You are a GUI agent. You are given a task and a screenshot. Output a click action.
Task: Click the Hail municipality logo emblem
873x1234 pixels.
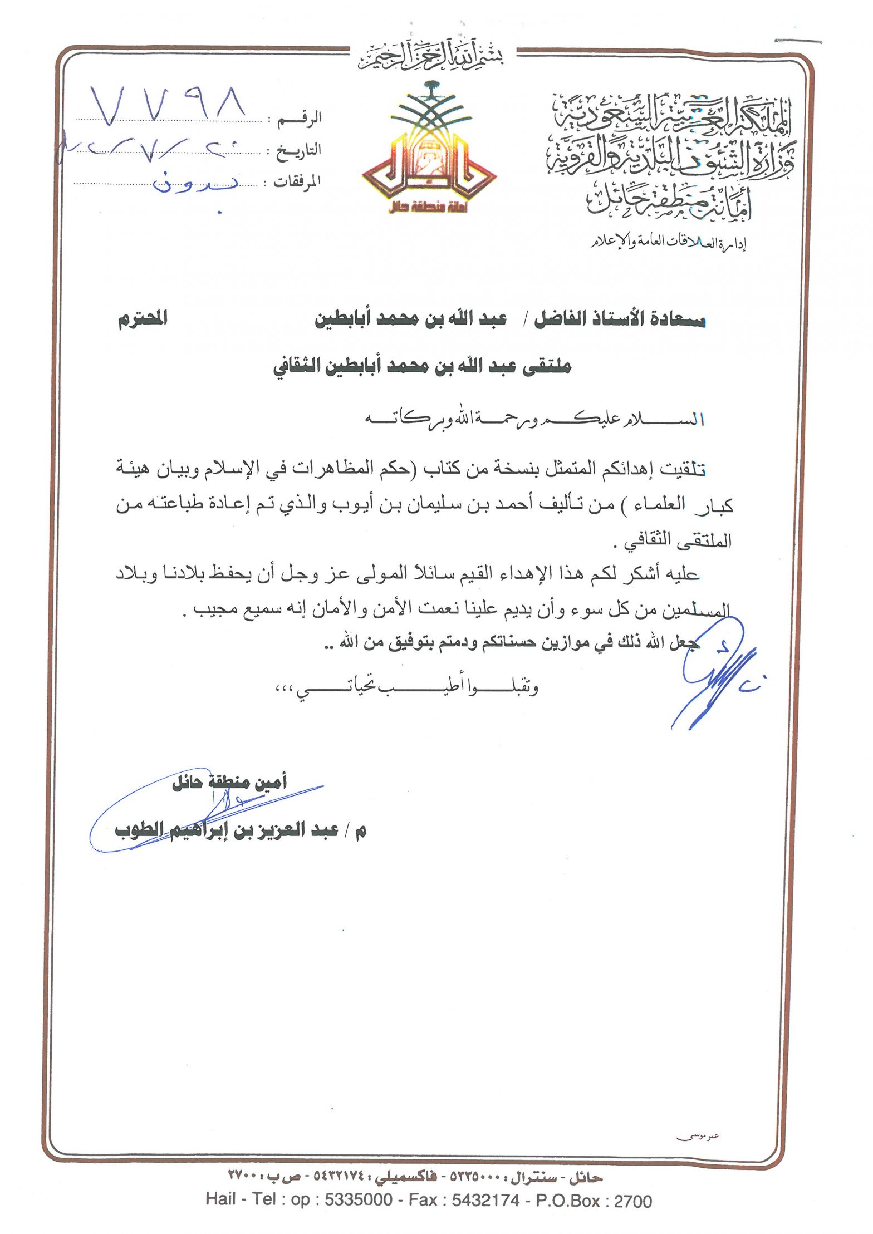[429, 149]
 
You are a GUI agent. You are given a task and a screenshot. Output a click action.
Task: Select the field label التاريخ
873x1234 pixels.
[298, 151]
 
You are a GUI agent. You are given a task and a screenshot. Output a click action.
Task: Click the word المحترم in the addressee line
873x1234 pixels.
[143, 320]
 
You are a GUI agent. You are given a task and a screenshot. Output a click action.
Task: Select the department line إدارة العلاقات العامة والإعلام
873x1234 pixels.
[668, 243]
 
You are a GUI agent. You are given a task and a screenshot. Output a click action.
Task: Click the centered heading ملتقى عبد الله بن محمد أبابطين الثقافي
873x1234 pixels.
[422, 367]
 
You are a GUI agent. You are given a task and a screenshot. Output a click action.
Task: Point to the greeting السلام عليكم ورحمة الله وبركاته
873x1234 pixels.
[534, 419]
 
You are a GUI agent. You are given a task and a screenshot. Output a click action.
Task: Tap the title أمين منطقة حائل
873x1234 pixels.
[229, 782]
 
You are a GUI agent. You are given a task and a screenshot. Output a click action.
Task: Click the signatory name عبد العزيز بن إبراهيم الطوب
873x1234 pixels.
[227, 830]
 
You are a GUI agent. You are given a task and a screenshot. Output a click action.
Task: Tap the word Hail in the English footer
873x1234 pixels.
[220, 1199]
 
